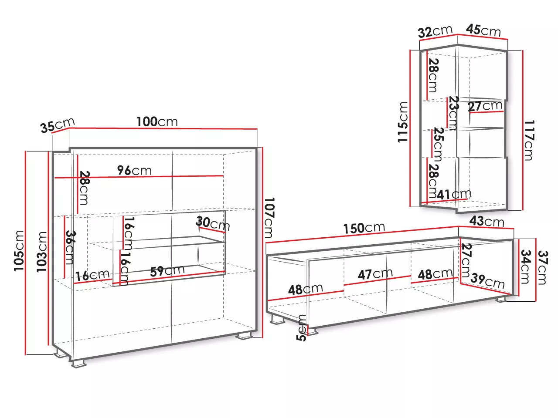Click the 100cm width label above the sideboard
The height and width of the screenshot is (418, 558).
pos(157,121)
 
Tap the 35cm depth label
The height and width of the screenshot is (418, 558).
pos(58,125)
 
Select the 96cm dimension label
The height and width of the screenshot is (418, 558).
pos(134,170)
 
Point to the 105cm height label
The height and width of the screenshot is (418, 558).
pos(19,251)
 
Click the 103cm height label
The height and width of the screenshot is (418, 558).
pos(42,252)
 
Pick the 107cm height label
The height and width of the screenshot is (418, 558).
pos(269,218)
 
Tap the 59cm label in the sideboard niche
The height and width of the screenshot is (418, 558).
pos(167,271)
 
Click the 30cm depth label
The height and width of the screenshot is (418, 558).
pos(213,223)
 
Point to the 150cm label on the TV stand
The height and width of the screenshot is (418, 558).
pos(364,228)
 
